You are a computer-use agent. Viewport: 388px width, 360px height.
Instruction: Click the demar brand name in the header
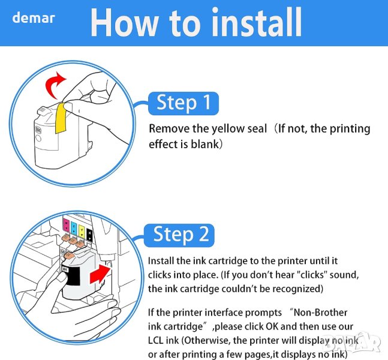34,18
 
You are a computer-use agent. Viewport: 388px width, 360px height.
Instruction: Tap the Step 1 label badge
184,103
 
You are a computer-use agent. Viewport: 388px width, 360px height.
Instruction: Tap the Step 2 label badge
179,235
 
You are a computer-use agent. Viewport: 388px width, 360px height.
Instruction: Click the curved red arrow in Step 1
55,85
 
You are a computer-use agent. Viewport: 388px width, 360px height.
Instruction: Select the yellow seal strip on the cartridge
61,118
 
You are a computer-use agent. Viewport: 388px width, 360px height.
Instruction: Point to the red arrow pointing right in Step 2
100,274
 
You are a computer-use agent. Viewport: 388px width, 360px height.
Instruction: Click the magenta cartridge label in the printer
67,225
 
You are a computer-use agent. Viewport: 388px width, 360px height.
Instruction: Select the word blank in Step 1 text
205,144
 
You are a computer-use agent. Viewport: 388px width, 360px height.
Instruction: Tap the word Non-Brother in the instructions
320,313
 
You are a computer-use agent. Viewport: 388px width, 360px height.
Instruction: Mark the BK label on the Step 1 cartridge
38,130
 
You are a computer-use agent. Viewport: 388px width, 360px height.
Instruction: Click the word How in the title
124,22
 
